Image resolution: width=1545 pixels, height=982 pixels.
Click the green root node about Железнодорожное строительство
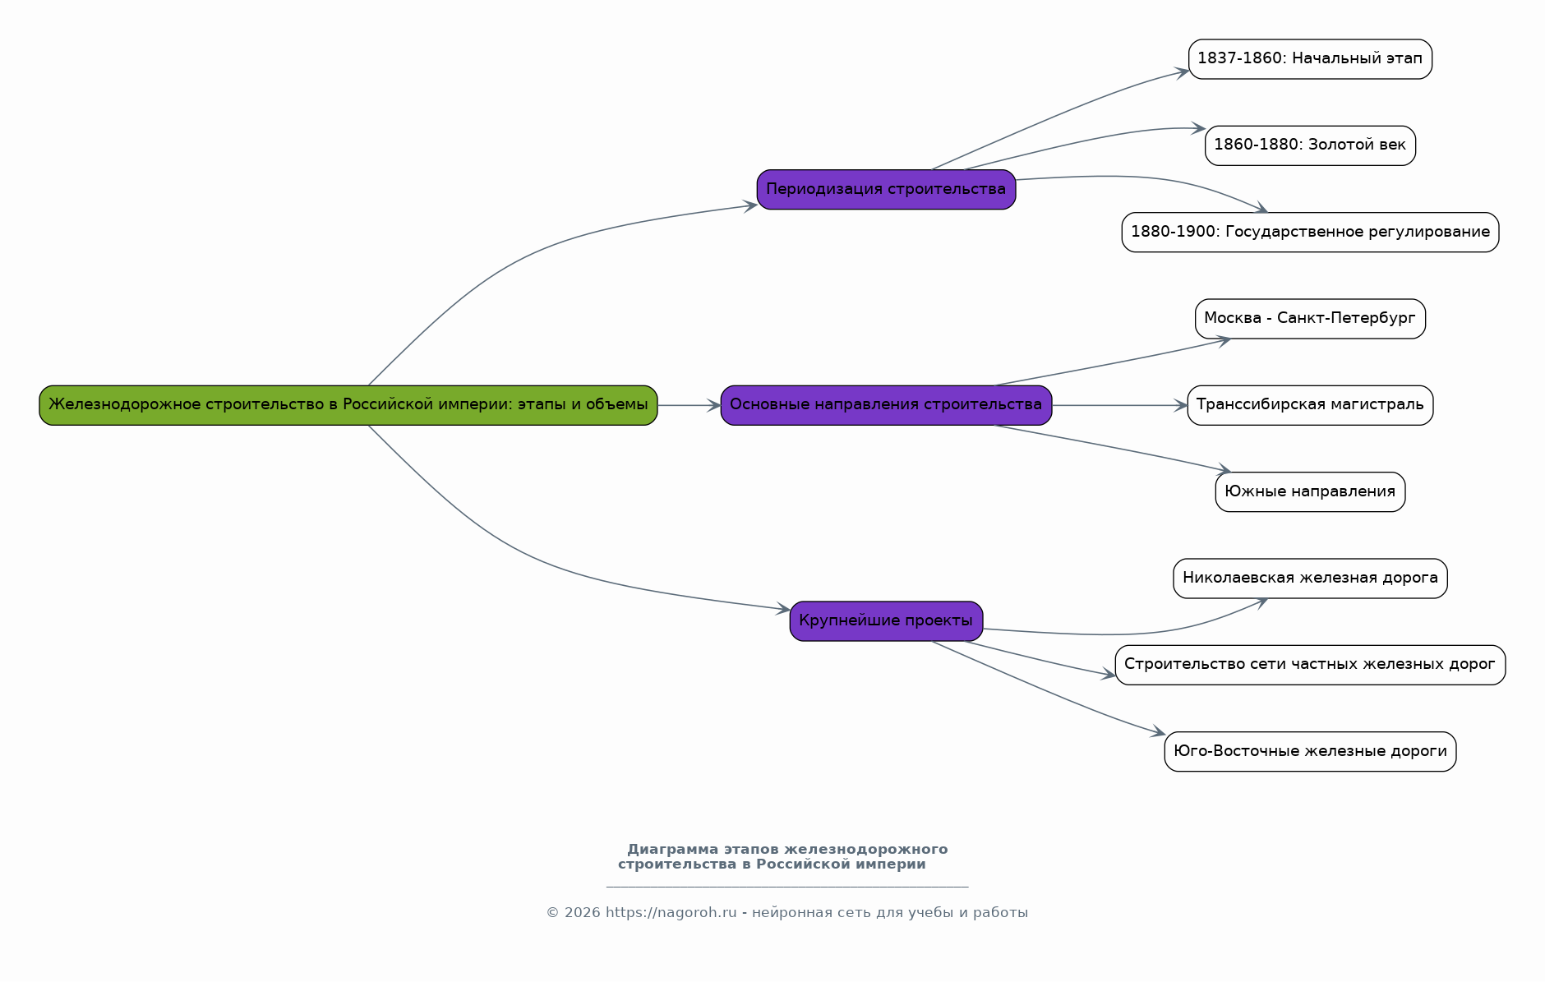348,405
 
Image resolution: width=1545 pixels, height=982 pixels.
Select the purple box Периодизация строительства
886,190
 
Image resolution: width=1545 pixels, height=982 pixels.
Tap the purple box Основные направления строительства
886,405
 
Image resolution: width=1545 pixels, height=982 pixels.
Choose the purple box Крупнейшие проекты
886,621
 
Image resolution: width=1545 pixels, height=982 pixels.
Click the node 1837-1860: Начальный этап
1310,59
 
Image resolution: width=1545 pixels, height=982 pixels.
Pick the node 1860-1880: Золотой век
1310,145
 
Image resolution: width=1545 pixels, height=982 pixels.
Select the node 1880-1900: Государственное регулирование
1310,233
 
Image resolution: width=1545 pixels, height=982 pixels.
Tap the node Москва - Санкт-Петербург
1310,319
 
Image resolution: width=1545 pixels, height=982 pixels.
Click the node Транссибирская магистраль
1310,405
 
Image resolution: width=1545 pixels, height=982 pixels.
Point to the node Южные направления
1310,492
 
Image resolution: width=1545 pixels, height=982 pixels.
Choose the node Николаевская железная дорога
1310,579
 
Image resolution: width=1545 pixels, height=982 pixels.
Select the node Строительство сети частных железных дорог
1310,665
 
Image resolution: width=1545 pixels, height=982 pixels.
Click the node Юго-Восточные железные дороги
1310,752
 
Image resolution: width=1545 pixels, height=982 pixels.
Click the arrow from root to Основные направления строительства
689,405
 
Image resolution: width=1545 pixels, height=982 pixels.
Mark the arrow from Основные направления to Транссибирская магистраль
1119,405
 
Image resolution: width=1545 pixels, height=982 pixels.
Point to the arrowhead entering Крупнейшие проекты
783,609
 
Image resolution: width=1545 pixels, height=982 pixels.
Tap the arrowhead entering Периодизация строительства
750,206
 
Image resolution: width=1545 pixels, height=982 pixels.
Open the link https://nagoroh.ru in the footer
671,913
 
